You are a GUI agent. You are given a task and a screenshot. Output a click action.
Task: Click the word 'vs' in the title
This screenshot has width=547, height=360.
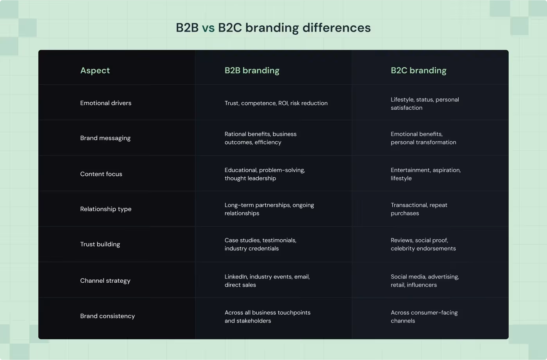pyautogui.click(x=208, y=28)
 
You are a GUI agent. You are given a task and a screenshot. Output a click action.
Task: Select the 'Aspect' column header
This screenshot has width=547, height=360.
pyautogui.click(x=95, y=71)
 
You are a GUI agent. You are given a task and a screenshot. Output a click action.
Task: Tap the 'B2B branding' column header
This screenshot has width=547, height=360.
pyautogui.click(x=252, y=71)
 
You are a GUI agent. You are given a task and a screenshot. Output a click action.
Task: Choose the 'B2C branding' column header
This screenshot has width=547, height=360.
pyautogui.click(x=418, y=71)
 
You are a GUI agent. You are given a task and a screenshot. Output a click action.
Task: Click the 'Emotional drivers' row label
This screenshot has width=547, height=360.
pyautogui.click(x=105, y=103)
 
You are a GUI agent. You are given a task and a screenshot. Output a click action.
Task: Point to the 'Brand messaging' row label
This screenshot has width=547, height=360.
pyautogui.click(x=105, y=138)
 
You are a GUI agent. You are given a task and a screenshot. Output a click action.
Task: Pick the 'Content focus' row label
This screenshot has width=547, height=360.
pyautogui.click(x=101, y=174)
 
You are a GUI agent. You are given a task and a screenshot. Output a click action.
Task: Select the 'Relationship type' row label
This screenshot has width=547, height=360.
pyautogui.click(x=105, y=209)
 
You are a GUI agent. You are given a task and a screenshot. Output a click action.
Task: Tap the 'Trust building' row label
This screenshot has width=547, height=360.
pyautogui.click(x=100, y=244)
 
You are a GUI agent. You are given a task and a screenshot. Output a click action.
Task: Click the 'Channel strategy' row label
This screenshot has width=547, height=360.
pyautogui.click(x=105, y=281)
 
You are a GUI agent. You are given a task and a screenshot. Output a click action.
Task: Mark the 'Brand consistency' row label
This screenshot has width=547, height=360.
pyautogui.click(x=107, y=316)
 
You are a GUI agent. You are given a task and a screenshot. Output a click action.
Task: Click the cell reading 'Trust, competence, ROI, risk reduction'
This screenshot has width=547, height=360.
pyautogui.click(x=276, y=103)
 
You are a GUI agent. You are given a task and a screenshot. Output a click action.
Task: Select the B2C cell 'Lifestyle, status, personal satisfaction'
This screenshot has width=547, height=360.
pyautogui.click(x=425, y=104)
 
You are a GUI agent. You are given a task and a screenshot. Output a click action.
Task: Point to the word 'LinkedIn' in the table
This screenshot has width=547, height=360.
pyautogui.click(x=236, y=277)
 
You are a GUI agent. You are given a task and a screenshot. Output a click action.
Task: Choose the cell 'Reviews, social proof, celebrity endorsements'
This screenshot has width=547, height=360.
pyautogui.click(x=423, y=244)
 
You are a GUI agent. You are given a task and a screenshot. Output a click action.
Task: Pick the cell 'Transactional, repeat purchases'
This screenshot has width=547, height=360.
pyautogui.click(x=419, y=209)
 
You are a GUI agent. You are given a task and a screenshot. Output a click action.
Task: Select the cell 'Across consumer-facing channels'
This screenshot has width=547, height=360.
pyautogui.click(x=424, y=317)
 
